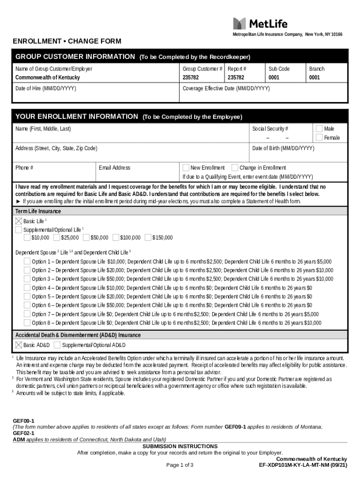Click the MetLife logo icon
(x=239, y=23)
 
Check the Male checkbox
(x=319, y=129)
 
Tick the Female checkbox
(x=319, y=138)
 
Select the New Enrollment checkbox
(x=186, y=167)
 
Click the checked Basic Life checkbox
(x=19, y=221)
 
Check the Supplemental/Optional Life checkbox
(x=19, y=230)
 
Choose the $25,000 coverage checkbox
(x=56, y=238)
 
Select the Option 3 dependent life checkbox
(x=27, y=279)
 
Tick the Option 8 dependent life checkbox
(x=27, y=323)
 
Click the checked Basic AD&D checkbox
(x=19, y=345)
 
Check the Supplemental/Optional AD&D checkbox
(x=57, y=345)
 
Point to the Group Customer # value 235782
(x=190, y=78)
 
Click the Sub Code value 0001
(x=274, y=78)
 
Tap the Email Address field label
(x=115, y=168)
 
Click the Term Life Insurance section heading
(x=38, y=211)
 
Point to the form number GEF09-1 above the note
(x=23, y=421)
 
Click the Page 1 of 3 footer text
(x=180, y=465)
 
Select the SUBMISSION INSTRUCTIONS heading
(x=180, y=446)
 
